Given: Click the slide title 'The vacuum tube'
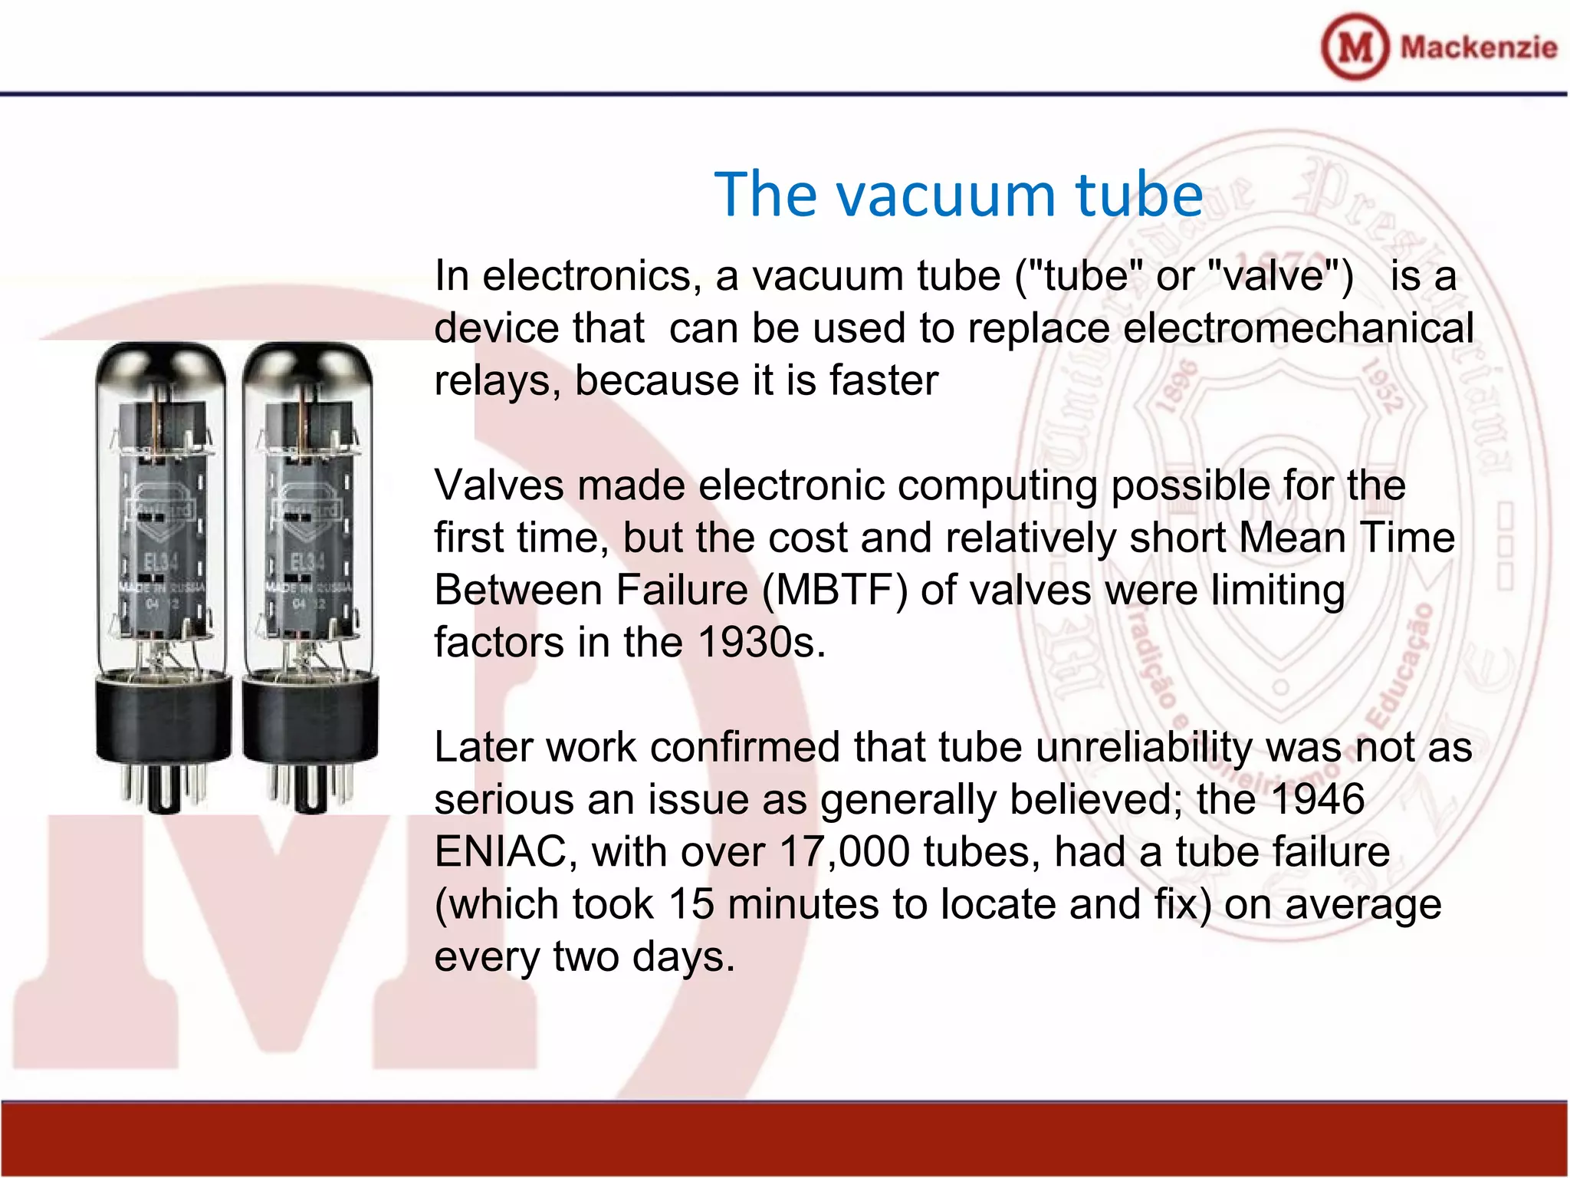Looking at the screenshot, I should pos(958,195).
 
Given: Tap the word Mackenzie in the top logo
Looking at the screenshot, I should pos(1479,48).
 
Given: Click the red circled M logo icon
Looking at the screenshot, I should pos(1355,47).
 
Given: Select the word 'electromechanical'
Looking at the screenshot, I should pos(1298,328).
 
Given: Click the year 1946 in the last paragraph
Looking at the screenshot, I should pos(1317,799).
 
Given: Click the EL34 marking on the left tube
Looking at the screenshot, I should pos(162,562).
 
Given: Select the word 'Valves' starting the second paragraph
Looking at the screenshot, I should pos(499,485).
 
